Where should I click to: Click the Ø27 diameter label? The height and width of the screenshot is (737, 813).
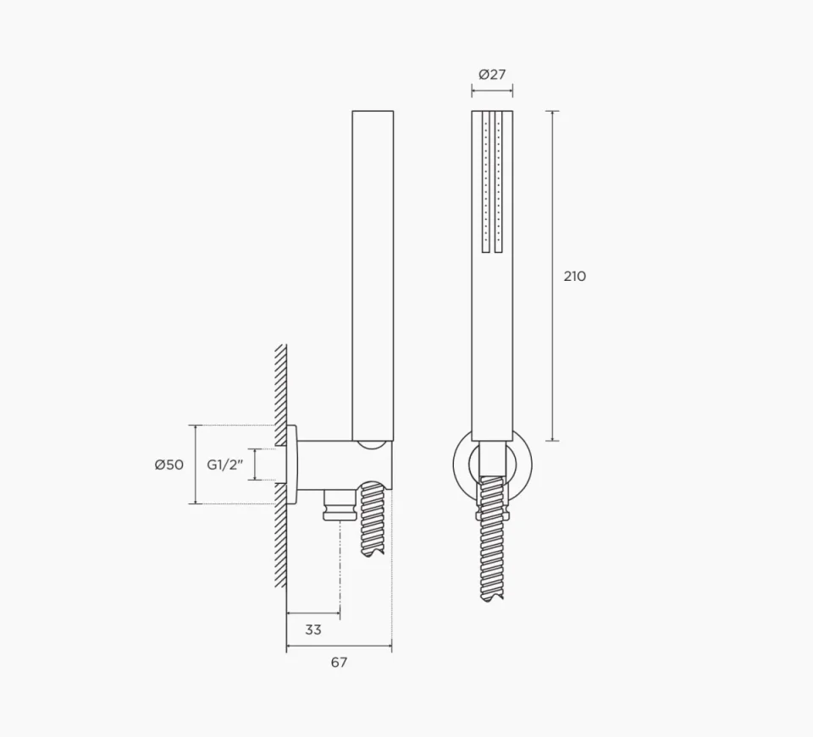(491, 74)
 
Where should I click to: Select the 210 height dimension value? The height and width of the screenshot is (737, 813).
(574, 276)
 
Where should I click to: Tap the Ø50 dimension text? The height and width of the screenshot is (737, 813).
(169, 465)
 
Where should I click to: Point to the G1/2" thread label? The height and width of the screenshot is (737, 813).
(224, 465)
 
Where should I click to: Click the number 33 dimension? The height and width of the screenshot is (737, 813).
(312, 630)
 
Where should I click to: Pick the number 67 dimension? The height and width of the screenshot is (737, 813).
(339, 663)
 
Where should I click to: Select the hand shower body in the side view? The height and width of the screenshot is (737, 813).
(373, 271)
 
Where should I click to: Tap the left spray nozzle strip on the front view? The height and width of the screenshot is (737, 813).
(486, 182)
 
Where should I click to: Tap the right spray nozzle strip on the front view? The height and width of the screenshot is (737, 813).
(498, 182)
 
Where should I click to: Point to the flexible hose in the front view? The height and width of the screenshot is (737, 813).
(492, 542)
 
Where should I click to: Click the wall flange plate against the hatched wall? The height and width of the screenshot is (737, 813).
(292, 465)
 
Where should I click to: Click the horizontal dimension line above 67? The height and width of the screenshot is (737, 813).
(339, 647)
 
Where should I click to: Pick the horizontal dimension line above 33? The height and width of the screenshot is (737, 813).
(313, 613)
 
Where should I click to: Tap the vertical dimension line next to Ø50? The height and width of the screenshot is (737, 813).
(196, 465)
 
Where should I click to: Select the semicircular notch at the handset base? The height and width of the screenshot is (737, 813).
(373, 443)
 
